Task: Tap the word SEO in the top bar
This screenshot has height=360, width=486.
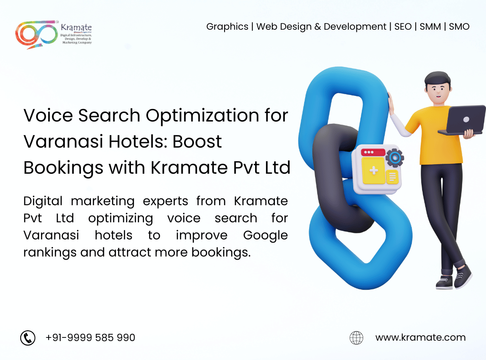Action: tap(403, 27)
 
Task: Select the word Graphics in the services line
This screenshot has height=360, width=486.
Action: tap(227, 27)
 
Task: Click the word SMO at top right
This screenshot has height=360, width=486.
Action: tap(459, 27)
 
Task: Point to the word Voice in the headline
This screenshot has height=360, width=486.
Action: tap(48, 115)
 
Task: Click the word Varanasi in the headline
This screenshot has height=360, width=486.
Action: tap(63, 142)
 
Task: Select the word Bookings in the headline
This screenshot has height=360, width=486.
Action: tap(63, 168)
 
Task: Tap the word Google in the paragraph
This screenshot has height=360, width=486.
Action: tap(265, 236)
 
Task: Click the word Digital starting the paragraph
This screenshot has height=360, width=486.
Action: tap(43, 202)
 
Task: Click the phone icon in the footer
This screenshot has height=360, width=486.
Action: tap(28, 337)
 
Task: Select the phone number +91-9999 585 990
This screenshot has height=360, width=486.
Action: tap(90, 337)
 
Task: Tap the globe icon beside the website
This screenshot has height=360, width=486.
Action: tap(356, 337)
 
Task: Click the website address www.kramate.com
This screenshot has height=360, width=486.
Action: tap(420, 337)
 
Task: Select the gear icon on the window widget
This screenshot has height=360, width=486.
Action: tap(395, 157)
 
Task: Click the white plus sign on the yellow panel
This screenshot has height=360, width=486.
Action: tap(374, 170)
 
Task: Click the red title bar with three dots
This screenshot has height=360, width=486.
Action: tap(373, 152)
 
